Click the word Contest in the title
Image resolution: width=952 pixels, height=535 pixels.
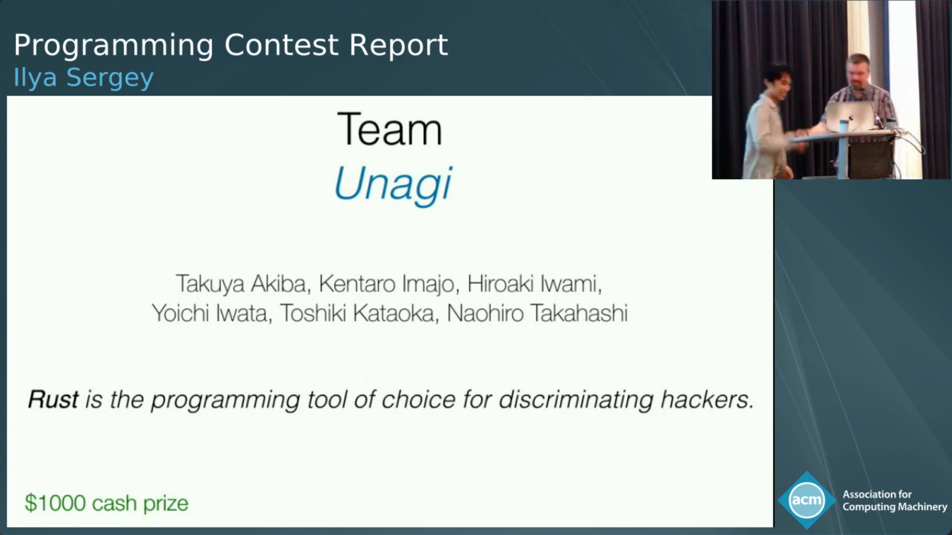coord(282,45)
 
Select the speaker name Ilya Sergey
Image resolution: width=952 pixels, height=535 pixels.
coord(83,78)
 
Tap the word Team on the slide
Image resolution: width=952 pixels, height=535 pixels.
coord(390,129)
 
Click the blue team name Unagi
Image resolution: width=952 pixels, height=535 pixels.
coord(393,184)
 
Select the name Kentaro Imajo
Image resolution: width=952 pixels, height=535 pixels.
coord(386,284)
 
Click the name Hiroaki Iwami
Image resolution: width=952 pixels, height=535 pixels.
coord(531,284)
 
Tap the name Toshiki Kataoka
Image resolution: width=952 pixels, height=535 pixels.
coord(357,313)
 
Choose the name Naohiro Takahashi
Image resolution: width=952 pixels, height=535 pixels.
coord(537,313)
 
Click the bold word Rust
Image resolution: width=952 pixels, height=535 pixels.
coord(53,399)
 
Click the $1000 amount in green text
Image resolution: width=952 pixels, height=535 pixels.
coord(55,503)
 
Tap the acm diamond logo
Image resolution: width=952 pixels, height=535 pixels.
coord(807,500)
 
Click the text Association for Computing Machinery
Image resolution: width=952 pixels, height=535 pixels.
coord(894,501)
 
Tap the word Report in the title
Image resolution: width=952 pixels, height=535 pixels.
coord(398,45)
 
